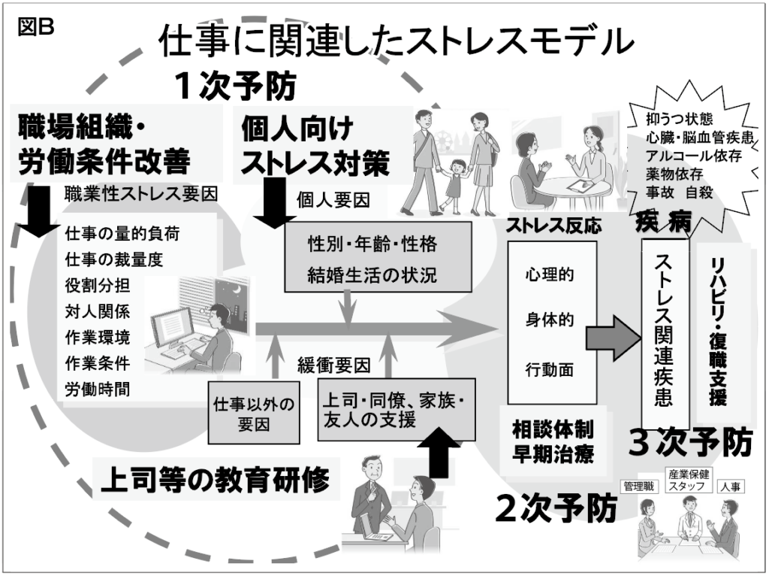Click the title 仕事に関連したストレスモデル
pyautogui.click(x=396, y=43)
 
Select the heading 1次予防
pyautogui.click(x=235, y=86)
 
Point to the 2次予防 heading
pyautogui.click(x=556, y=509)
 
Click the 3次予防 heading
pyautogui.click(x=689, y=444)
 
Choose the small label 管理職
pyautogui.click(x=638, y=487)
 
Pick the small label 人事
pyautogui.click(x=731, y=487)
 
